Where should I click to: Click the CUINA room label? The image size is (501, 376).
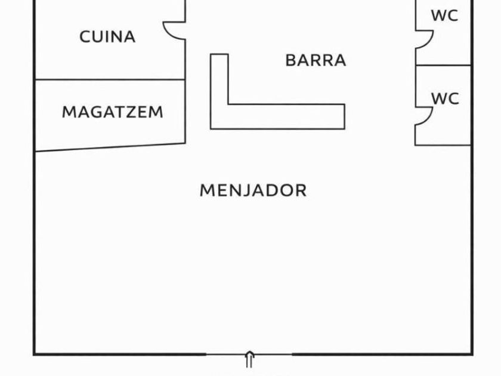click(107, 37)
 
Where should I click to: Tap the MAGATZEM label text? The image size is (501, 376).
click(112, 112)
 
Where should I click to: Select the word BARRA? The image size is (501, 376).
click(316, 60)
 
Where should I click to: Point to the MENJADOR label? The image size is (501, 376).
click(253, 190)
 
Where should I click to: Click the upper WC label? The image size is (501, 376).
click(445, 16)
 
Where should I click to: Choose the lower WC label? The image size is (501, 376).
click(445, 98)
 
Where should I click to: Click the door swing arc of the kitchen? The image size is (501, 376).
click(174, 31)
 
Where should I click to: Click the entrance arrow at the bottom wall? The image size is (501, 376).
click(249, 359)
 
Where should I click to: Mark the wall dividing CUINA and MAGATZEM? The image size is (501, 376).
click(110, 79)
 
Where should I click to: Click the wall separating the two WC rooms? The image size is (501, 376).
click(443, 65)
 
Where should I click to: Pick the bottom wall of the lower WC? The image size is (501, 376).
click(443, 144)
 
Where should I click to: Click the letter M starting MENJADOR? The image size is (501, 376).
click(206, 190)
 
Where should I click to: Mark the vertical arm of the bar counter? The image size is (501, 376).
click(219, 84)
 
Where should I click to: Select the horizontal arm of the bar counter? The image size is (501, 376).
click(286, 116)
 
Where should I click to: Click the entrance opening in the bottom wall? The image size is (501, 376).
click(249, 354)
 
